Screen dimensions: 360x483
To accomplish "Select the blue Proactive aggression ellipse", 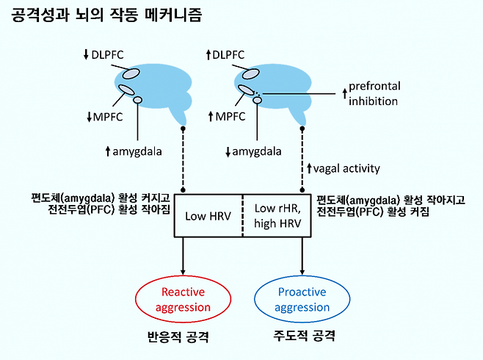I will tap(302, 299).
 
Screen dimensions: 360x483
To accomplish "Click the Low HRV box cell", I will tap(208, 216).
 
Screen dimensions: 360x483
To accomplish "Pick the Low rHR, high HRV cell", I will tap(276, 216).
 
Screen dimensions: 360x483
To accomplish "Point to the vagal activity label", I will tap(343, 168).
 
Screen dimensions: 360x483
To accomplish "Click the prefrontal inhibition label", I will tap(374, 94).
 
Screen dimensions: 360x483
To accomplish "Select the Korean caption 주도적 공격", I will tap(302, 338).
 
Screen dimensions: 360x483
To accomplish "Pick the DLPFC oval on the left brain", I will tap(131, 73).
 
